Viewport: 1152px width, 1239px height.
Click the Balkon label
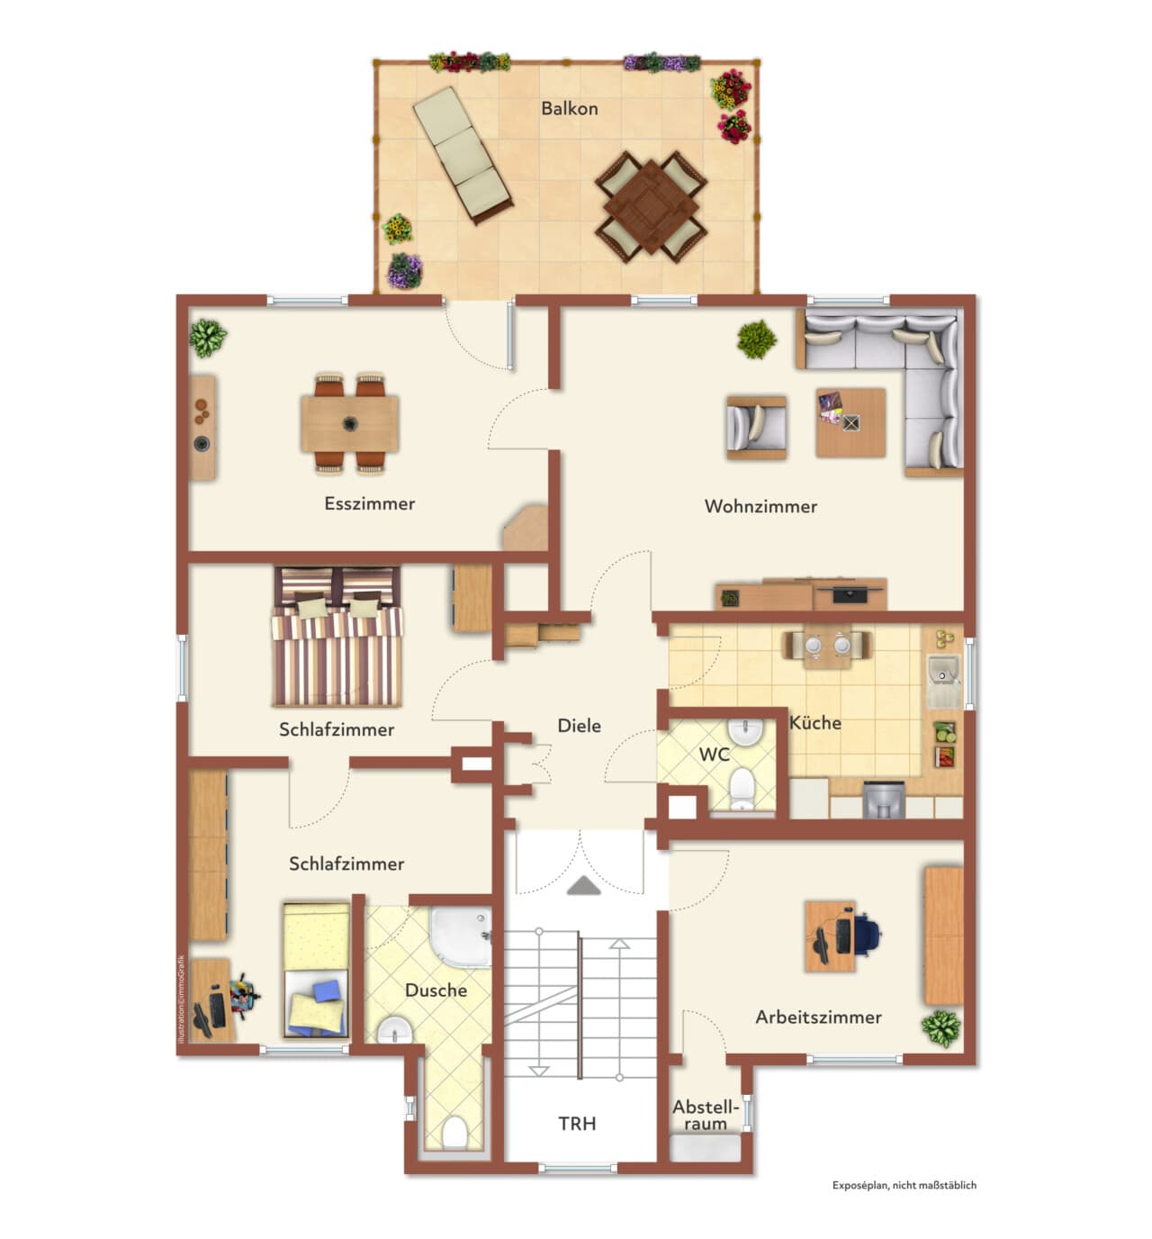click(x=569, y=109)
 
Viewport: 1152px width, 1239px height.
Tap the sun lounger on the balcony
click(x=463, y=156)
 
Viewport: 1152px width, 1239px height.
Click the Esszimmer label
click(x=369, y=503)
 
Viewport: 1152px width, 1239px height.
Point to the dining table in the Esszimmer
click(x=350, y=424)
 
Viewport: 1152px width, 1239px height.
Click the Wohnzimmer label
click(x=760, y=506)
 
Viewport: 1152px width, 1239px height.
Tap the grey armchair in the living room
click(x=756, y=428)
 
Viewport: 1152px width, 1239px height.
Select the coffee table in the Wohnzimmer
click(x=850, y=422)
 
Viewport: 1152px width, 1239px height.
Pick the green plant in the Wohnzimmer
click(x=757, y=339)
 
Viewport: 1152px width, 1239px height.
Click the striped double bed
click(x=337, y=637)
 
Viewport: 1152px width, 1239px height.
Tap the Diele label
click(x=579, y=726)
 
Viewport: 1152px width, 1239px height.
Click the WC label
click(x=715, y=755)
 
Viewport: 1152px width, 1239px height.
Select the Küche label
click(x=815, y=722)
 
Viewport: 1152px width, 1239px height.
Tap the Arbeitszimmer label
click(x=818, y=1017)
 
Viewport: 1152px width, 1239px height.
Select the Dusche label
click(x=436, y=990)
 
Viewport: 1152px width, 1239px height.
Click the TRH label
click(x=577, y=1124)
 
